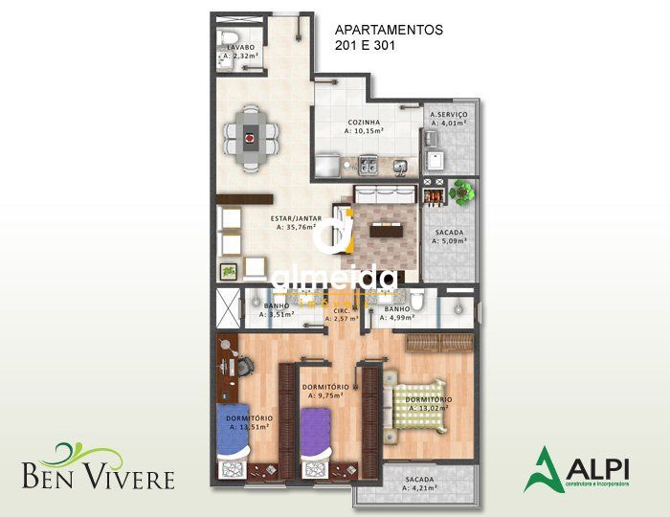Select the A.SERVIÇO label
pos(448,114)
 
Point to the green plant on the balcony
pos(462,191)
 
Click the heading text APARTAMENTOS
pos(389,30)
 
